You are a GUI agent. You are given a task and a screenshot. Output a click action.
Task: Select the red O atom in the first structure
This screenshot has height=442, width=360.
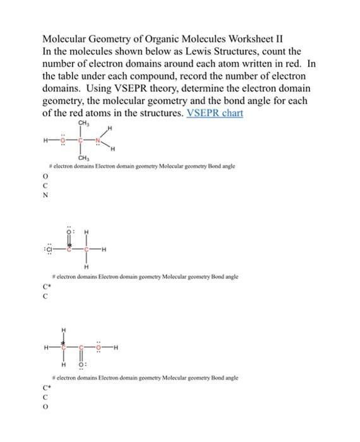[62, 141]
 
